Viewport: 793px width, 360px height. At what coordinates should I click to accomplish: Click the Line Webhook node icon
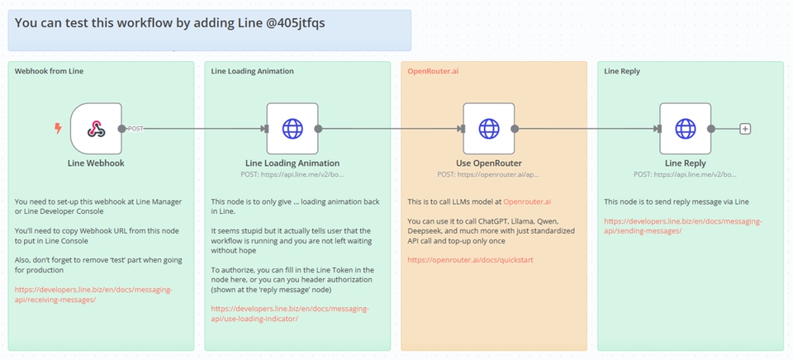(x=96, y=128)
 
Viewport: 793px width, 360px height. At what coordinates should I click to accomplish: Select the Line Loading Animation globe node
(x=292, y=128)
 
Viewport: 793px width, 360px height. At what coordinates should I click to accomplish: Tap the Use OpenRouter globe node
(x=489, y=128)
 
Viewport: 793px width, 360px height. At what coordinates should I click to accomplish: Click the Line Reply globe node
(x=686, y=128)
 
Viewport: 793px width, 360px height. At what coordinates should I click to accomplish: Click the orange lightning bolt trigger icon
(x=57, y=128)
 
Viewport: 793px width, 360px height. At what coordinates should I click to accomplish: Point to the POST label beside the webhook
(x=136, y=129)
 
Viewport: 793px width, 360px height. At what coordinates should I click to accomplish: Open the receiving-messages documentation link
(x=93, y=295)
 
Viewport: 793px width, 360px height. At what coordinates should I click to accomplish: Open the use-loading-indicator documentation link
(x=290, y=313)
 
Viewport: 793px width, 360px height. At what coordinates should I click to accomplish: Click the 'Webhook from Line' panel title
(x=49, y=71)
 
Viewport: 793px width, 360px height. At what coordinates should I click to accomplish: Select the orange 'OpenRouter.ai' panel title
(x=433, y=71)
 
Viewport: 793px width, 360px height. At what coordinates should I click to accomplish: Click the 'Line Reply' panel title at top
(x=622, y=71)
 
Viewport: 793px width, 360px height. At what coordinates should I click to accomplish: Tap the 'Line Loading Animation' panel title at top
(x=252, y=71)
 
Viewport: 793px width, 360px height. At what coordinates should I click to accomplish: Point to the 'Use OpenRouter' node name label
(x=489, y=163)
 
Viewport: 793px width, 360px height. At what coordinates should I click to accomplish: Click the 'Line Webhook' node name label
(x=96, y=163)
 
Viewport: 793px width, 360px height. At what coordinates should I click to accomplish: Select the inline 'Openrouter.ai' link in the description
(x=530, y=201)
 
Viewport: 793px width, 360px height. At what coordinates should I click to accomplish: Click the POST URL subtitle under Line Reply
(x=685, y=174)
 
